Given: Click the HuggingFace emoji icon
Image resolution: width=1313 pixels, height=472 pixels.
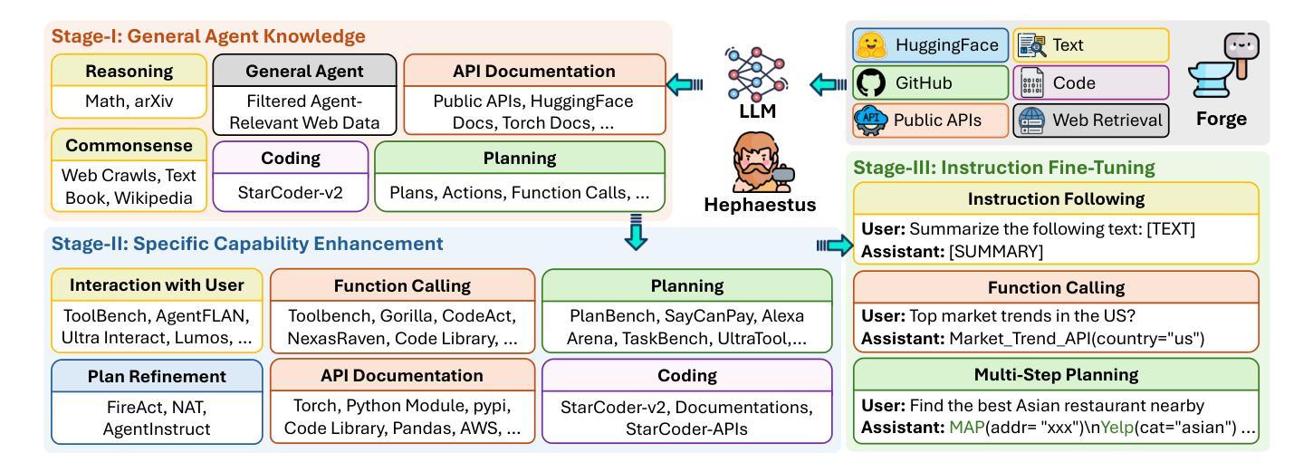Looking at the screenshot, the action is (871, 45).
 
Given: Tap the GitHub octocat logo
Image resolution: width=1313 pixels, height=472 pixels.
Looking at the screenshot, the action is (870, 82).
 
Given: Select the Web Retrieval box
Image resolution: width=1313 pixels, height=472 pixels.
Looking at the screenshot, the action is (1091, 120).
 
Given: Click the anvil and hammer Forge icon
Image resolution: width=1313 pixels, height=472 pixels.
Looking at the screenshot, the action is (1224, 65).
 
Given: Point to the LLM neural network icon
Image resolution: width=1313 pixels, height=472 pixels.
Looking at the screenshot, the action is (756, 74).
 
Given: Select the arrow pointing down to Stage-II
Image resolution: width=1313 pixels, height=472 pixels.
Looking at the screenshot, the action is (636, 232).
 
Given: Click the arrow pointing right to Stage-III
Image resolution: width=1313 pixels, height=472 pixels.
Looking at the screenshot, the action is (835, 246).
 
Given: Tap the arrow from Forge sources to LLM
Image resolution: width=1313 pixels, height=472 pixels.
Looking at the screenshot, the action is (828, 84).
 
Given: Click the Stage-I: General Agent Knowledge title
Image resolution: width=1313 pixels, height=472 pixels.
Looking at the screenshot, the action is (208, 36).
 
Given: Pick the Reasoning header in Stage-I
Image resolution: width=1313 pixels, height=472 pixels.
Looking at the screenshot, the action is (129, 71).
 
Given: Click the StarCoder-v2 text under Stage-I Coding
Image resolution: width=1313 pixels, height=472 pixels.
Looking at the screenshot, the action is (290, 192).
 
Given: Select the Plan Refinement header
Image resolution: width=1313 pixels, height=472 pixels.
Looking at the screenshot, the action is (157, 377).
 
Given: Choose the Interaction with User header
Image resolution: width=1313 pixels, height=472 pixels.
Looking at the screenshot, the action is (157, 285).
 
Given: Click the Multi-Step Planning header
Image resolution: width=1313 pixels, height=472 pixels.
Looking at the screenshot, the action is (1056, 375).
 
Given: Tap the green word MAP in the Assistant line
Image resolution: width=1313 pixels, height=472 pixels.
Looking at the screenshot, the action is (966, 428).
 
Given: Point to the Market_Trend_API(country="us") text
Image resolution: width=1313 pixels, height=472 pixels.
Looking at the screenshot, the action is (1077, 339).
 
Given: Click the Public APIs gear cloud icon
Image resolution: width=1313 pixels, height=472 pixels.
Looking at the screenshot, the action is (870, 120).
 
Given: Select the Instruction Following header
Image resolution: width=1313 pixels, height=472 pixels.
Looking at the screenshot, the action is (1056, 198).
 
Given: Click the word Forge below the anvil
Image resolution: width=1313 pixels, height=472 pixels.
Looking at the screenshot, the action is (1222, 119).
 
